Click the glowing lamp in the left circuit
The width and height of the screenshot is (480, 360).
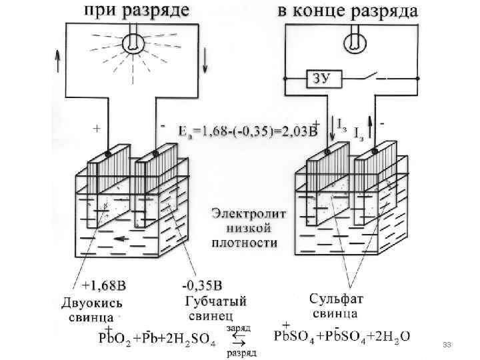pos(133,42)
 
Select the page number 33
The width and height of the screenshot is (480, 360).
pos(447,345)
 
